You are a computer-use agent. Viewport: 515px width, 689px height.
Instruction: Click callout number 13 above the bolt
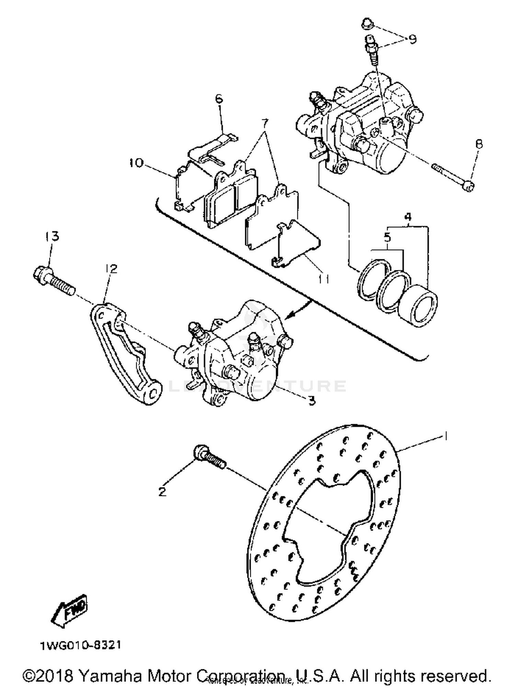(52, 236)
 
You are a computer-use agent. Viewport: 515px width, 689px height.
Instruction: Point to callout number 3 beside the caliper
(312, 400)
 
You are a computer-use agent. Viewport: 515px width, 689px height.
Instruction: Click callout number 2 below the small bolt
(162, 492)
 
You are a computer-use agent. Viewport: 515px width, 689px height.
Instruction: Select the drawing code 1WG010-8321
(81, 645)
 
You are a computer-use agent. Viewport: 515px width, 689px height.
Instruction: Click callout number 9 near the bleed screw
(412, 39)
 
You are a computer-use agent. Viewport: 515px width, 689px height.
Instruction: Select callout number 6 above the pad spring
(219, 99)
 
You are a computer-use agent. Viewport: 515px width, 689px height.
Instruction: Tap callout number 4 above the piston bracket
(408, 217)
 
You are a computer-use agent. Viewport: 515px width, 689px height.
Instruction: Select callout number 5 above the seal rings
(387, 237)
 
